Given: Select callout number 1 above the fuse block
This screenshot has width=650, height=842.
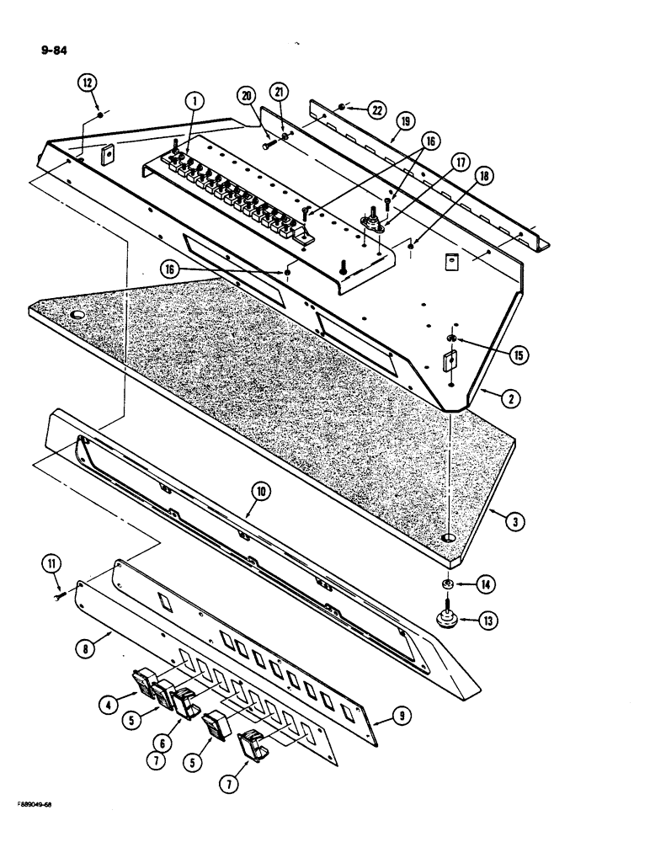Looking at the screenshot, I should (194, 102).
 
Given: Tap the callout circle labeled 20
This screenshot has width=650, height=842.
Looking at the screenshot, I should (247, 98).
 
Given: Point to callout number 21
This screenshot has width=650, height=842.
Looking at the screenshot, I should (279, 91).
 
